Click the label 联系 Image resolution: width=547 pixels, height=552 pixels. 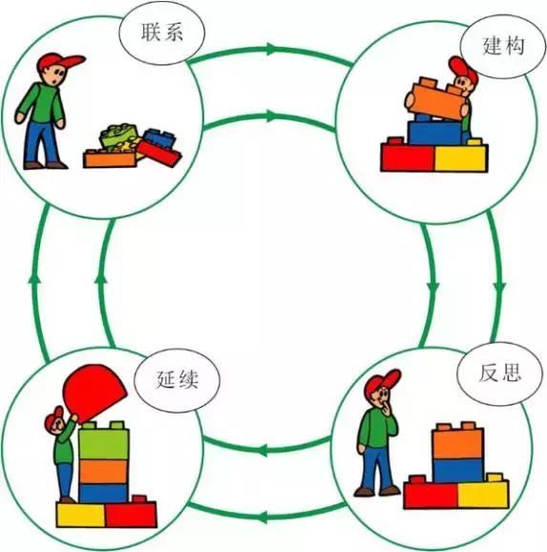pos(162,32)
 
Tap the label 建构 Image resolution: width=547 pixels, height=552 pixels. pos(503,46)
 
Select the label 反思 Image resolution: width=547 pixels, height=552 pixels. pos(499,372)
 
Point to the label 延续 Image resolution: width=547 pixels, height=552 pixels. pos(177,379)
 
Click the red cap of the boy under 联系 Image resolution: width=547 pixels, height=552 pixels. pos(59,62)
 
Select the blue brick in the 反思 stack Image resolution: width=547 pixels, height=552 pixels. pos(458,470)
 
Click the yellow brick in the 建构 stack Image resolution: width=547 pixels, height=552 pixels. pos(461,156)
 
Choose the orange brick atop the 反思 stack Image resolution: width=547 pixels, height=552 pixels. pos(458,441)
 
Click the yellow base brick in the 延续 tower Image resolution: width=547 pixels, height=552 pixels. pos(81,515)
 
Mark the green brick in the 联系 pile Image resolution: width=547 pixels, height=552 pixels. pos(118,135)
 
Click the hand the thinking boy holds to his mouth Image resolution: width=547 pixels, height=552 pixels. pos(388,408)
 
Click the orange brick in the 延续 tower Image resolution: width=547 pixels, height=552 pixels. pos(103,472)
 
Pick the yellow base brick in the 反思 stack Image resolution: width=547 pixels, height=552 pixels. pos(483,493)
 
